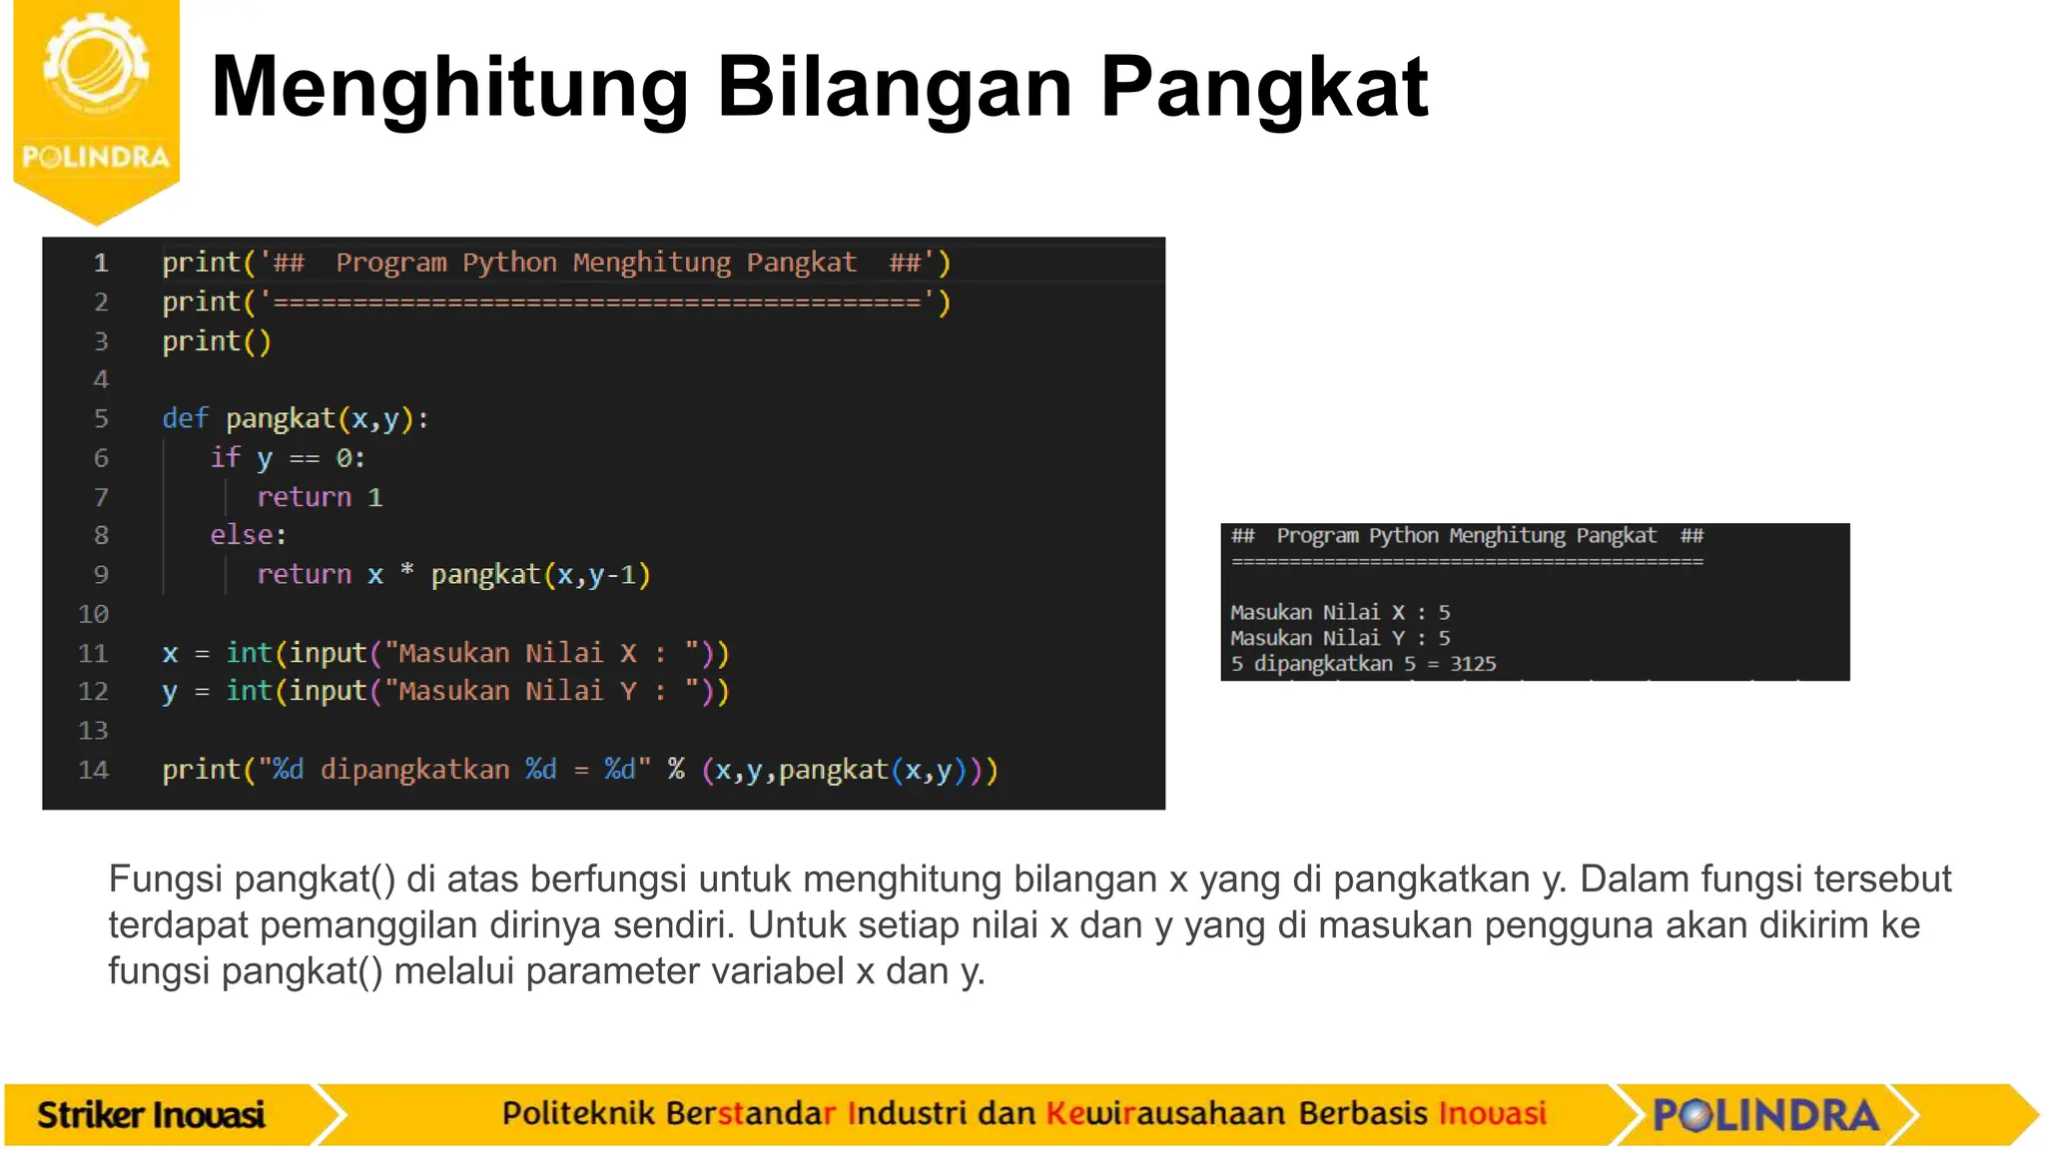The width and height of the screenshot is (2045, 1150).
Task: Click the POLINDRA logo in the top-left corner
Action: point(96,100)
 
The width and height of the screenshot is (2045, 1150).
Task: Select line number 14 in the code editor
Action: point(93,770)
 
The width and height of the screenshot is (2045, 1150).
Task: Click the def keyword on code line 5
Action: point(185,418)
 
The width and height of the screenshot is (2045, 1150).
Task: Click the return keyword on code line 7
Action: point(304,497)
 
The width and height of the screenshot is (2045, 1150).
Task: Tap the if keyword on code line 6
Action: point(225,457)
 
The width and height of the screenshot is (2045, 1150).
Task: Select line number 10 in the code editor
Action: point(93,614)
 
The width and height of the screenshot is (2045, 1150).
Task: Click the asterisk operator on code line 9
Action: point(406,572)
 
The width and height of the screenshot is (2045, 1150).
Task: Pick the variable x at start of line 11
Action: point(170,654)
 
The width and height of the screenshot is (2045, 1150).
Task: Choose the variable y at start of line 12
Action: point(170,692)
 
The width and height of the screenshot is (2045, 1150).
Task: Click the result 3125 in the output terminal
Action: point(1473,664)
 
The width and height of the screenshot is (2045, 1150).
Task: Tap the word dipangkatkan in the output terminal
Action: point(1323,664)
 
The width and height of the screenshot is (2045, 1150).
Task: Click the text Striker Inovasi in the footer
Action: point(151,1114)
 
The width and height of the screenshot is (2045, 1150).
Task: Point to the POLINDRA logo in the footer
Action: point(1765,1114)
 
